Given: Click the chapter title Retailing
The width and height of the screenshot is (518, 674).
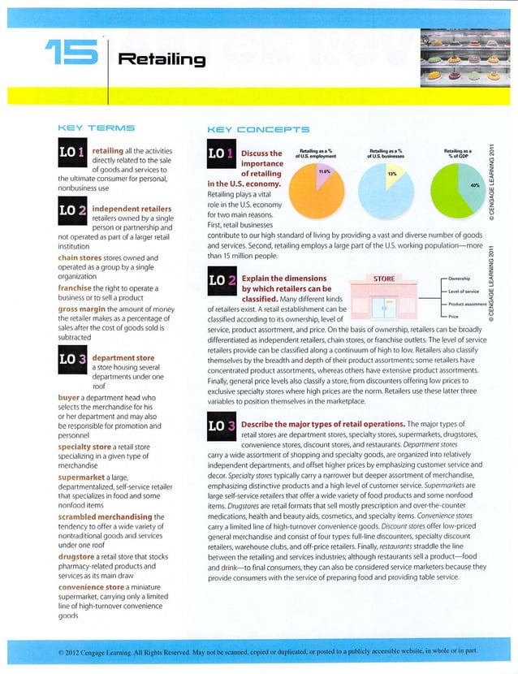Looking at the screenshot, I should tap(162, 58).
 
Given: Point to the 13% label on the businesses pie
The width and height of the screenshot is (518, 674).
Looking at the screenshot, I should tap(391, 173).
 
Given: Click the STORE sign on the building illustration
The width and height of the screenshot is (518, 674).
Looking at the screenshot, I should tap(380, 279).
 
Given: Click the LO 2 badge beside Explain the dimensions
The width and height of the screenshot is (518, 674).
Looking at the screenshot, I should tap(223, 287).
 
